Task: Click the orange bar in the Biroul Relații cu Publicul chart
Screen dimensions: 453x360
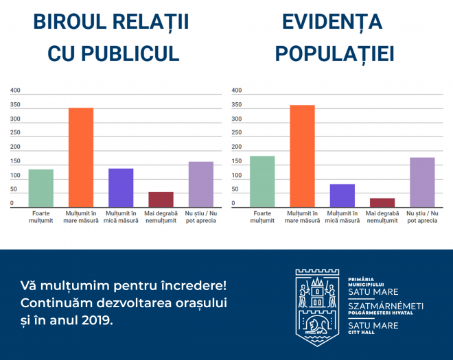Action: pos(81,157)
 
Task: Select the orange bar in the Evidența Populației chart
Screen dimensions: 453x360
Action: pos(302,156)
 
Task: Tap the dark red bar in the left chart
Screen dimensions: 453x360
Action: pos(161,200)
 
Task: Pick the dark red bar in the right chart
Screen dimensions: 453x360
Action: pos(382,203)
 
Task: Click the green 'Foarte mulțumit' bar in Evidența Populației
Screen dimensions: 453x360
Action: pos(262,182)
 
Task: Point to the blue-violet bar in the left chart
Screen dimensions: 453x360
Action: pos(121,188)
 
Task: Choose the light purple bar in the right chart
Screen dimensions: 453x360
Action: pos(422,182)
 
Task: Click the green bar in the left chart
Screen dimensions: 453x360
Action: pos(41,188)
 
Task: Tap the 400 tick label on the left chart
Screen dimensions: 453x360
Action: pos(15,91)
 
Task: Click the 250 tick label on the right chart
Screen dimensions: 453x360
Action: pos(237,132)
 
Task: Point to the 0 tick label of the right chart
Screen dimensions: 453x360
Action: pos(233,203)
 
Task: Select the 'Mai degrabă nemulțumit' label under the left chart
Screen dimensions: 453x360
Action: pos(161,217)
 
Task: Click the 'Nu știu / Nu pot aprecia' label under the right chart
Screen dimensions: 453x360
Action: pos(422,217)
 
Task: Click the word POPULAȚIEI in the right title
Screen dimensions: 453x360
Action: pos(334,54)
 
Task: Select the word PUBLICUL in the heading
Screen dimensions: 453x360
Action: pos(130,53)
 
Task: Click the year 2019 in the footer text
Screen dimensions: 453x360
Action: pos(95,320)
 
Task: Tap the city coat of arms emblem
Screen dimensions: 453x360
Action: pos(317,308)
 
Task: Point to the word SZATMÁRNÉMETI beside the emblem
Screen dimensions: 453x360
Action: pos(386,306)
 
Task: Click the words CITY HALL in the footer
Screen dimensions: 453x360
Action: pos(361,333)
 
